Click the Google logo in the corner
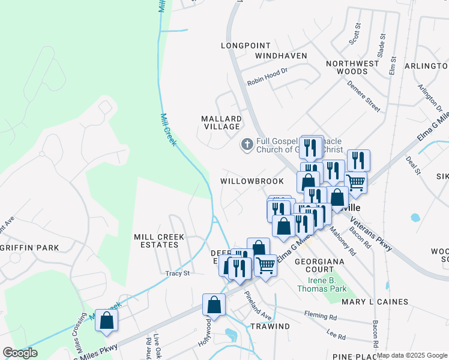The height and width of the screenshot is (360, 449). point(20,353)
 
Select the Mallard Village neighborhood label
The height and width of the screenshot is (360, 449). point(221,122)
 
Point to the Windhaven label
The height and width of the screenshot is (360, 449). point(281,56)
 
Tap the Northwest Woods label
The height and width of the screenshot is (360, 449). point(352,67)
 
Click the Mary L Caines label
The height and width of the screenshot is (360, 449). point(375,302)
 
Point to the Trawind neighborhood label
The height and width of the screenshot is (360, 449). point(270,326)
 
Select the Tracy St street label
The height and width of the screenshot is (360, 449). point(178,274)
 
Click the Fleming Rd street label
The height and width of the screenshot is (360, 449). point(320,315)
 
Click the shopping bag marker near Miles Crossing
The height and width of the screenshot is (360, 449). point(106,320)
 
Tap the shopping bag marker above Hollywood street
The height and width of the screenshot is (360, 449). point(214,305)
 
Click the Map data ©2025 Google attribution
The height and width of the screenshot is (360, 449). point(412,355)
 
